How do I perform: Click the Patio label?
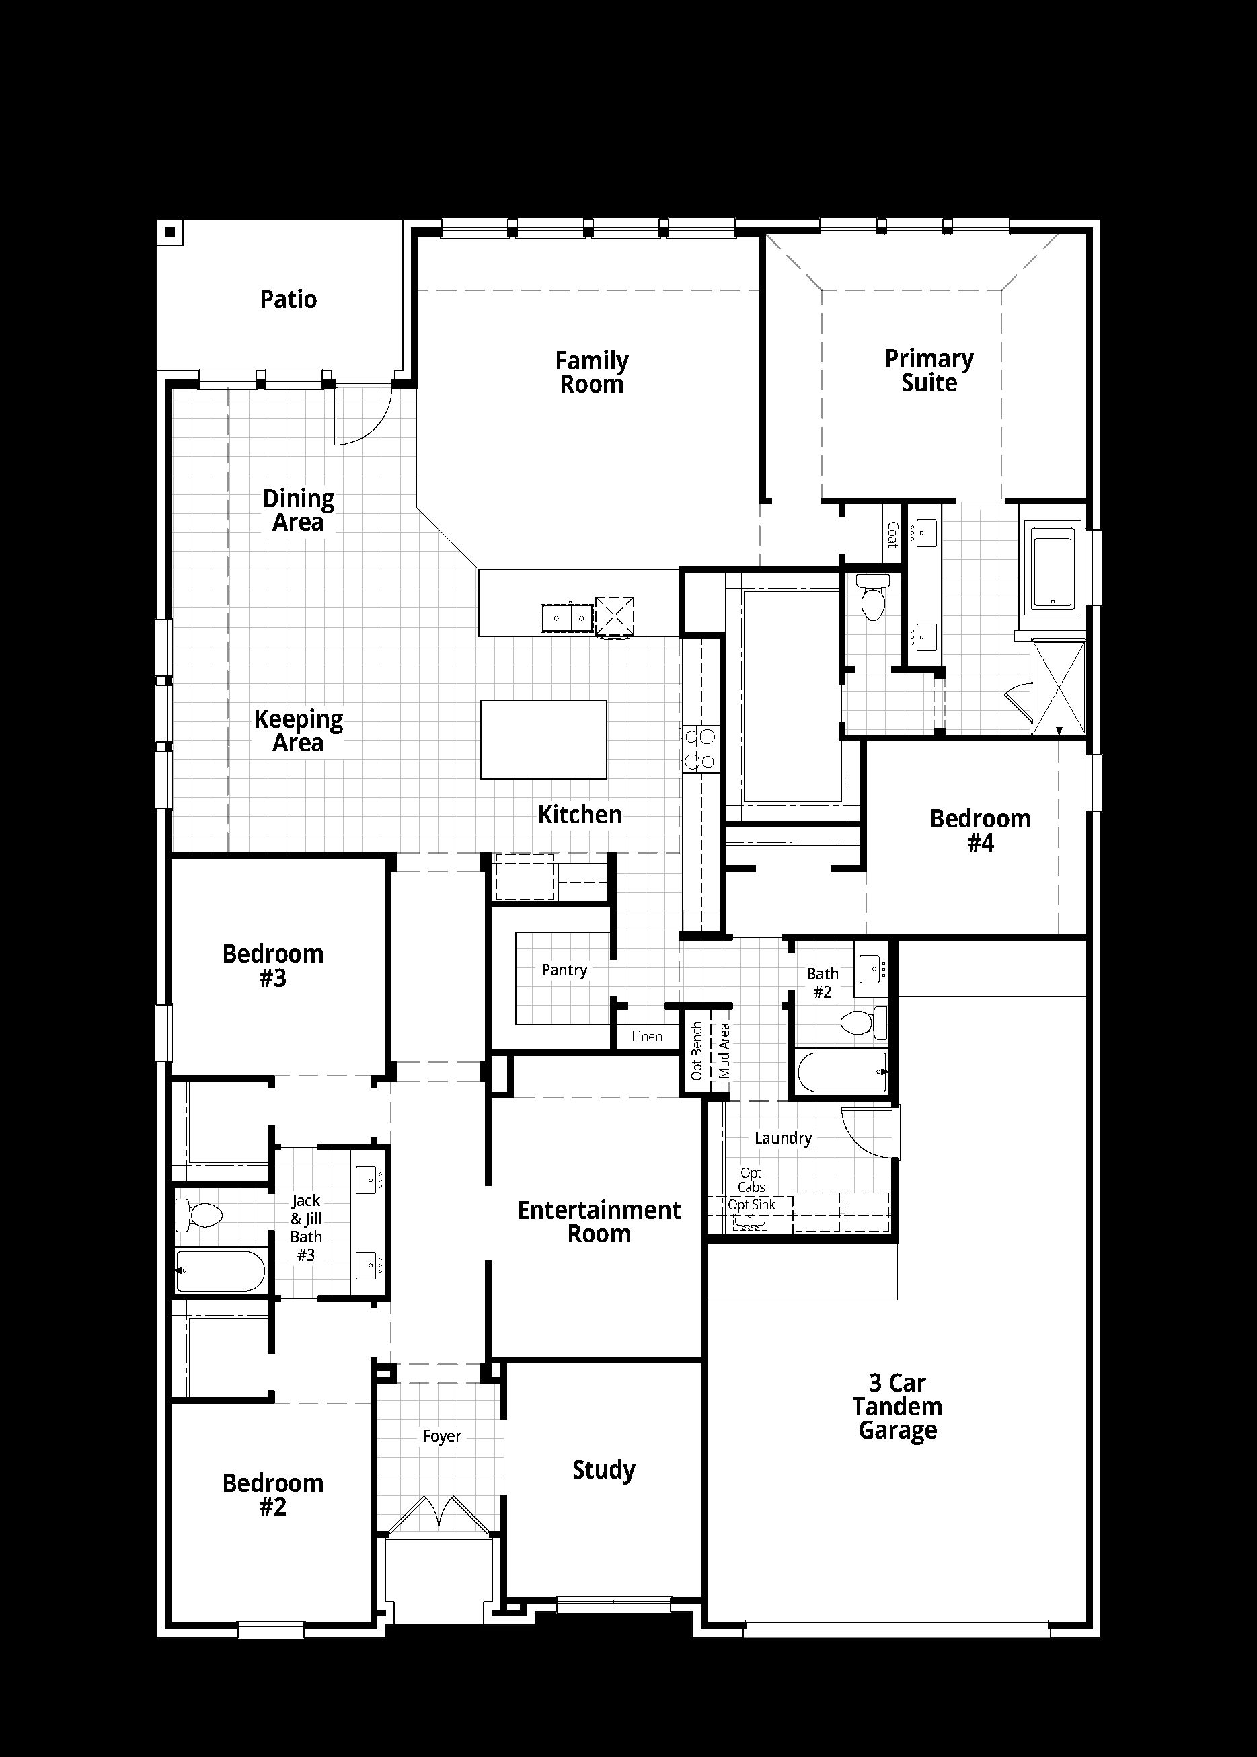pyautogui.click(x=288, y=299)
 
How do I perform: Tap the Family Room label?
pyautogui.click(x=592, y=372)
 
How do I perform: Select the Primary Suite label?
pyautogui.click(x=929, y=371)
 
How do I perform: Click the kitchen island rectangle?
pyautogui.click(x=543, y=739)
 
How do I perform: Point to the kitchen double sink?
pyautogui.click(x=568, y=618)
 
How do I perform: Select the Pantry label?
pyautogui.click(x=564, y=970)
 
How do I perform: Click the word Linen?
pyautogui.click(x=646, y=1037)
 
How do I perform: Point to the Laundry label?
pyautogui.click(x=784, y=1137)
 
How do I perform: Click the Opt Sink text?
pyautogui.click(x=751, y=1204)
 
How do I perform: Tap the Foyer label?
pyautogui.click(x=441, y=1435)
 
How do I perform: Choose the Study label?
pyautogui.click(x=604, y=1470)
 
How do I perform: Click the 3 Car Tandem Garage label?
pyautogui.click(x=897, y=1406)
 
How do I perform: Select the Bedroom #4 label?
pyautogui.click(x=980, y=831)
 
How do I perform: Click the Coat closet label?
pyautogui.click(x=892, y=534)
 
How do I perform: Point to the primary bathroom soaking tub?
pyautogui.click(x=1053, y=567)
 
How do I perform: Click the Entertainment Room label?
pyautogui.click(x=599, y=1222)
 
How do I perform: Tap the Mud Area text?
pyautogui.click(x=724, y=1050)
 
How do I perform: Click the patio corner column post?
pyautogui.click(x=169, y=232)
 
